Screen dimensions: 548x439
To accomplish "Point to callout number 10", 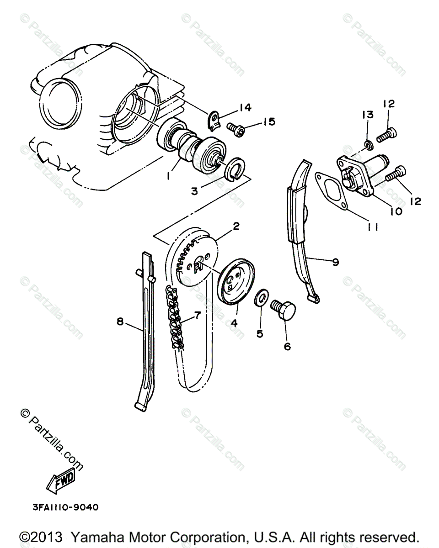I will pos(396,211).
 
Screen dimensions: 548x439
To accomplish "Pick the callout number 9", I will pos(335,263).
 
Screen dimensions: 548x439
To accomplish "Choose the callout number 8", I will pos(120,322).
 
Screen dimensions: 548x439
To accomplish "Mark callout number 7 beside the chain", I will pos(197,315).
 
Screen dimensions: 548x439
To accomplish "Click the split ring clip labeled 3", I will pos(236,168).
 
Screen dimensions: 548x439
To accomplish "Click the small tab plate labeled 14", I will pos(214,120).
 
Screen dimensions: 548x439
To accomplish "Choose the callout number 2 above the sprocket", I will pos(236,226).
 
